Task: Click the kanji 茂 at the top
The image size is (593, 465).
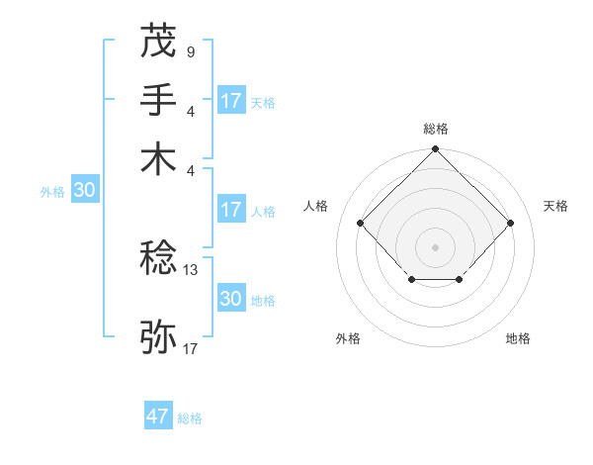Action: tap(158, 41)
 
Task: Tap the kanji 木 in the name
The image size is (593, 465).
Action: tap(158, 158)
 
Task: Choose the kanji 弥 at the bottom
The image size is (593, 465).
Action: tap(158, 336)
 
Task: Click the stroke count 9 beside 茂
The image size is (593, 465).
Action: tap(190, 49)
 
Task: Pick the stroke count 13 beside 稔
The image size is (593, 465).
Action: tap(191, 269)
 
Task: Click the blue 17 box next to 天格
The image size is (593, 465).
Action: tap(231, 101)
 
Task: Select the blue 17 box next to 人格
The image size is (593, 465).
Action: tap(231, 210)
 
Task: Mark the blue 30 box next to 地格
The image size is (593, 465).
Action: tap(231, 299)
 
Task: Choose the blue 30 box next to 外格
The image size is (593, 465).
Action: tap(84, 191)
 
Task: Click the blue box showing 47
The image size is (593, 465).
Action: tap(158, 417)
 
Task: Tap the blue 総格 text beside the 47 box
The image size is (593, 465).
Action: tap(190, 418)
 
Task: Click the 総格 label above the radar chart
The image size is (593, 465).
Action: tap(435, 129)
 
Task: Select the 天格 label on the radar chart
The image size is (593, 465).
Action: tap(555, 206)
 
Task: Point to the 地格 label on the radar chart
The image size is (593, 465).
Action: tap(518, 338)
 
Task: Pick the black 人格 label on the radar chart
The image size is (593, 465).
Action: tap(316, 206)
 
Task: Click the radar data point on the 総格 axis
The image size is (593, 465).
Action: tap(435, 150)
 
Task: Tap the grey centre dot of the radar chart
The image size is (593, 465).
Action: tap(435, 245)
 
